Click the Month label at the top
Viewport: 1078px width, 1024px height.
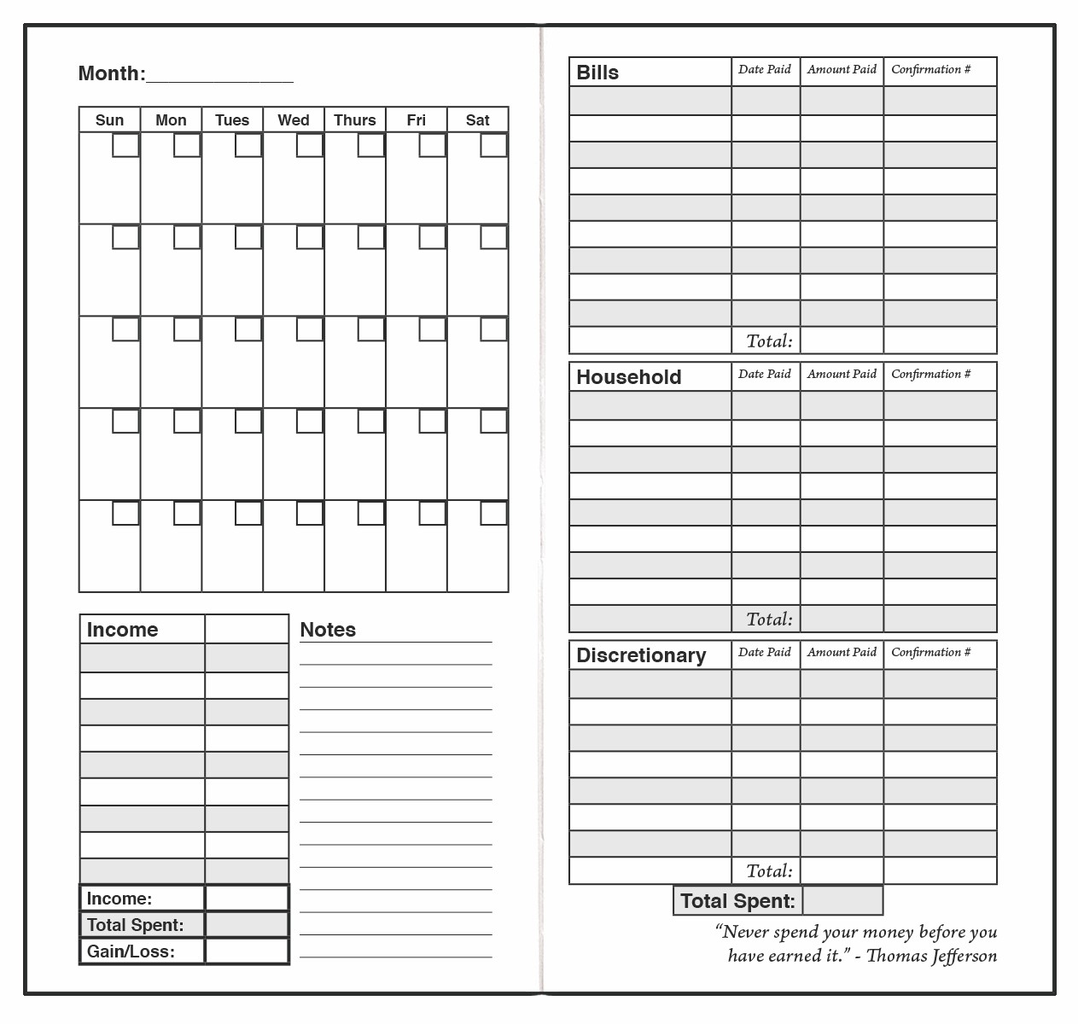111,73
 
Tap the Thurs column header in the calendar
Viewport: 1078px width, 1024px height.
355,120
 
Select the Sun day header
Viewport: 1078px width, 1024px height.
109,120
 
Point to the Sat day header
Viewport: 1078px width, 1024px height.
478,120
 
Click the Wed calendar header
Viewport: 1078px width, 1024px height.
294,120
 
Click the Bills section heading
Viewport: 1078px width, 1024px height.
597,73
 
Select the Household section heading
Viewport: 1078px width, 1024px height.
629,377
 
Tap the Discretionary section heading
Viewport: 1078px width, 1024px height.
641,655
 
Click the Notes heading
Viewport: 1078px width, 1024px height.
328,630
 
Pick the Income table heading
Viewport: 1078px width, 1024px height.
122,630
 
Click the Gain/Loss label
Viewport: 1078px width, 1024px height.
131,951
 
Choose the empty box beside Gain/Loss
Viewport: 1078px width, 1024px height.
247,951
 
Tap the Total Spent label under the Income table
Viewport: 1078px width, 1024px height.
135,925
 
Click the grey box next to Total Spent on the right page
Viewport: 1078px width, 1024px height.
842,900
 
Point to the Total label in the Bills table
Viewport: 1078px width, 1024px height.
769,341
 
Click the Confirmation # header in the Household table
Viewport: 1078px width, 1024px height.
931,374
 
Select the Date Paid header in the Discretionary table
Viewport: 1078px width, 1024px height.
765,652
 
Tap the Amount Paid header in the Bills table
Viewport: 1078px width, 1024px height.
842,69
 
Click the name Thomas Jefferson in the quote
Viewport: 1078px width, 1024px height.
931,956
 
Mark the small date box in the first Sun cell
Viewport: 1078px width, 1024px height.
126,145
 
